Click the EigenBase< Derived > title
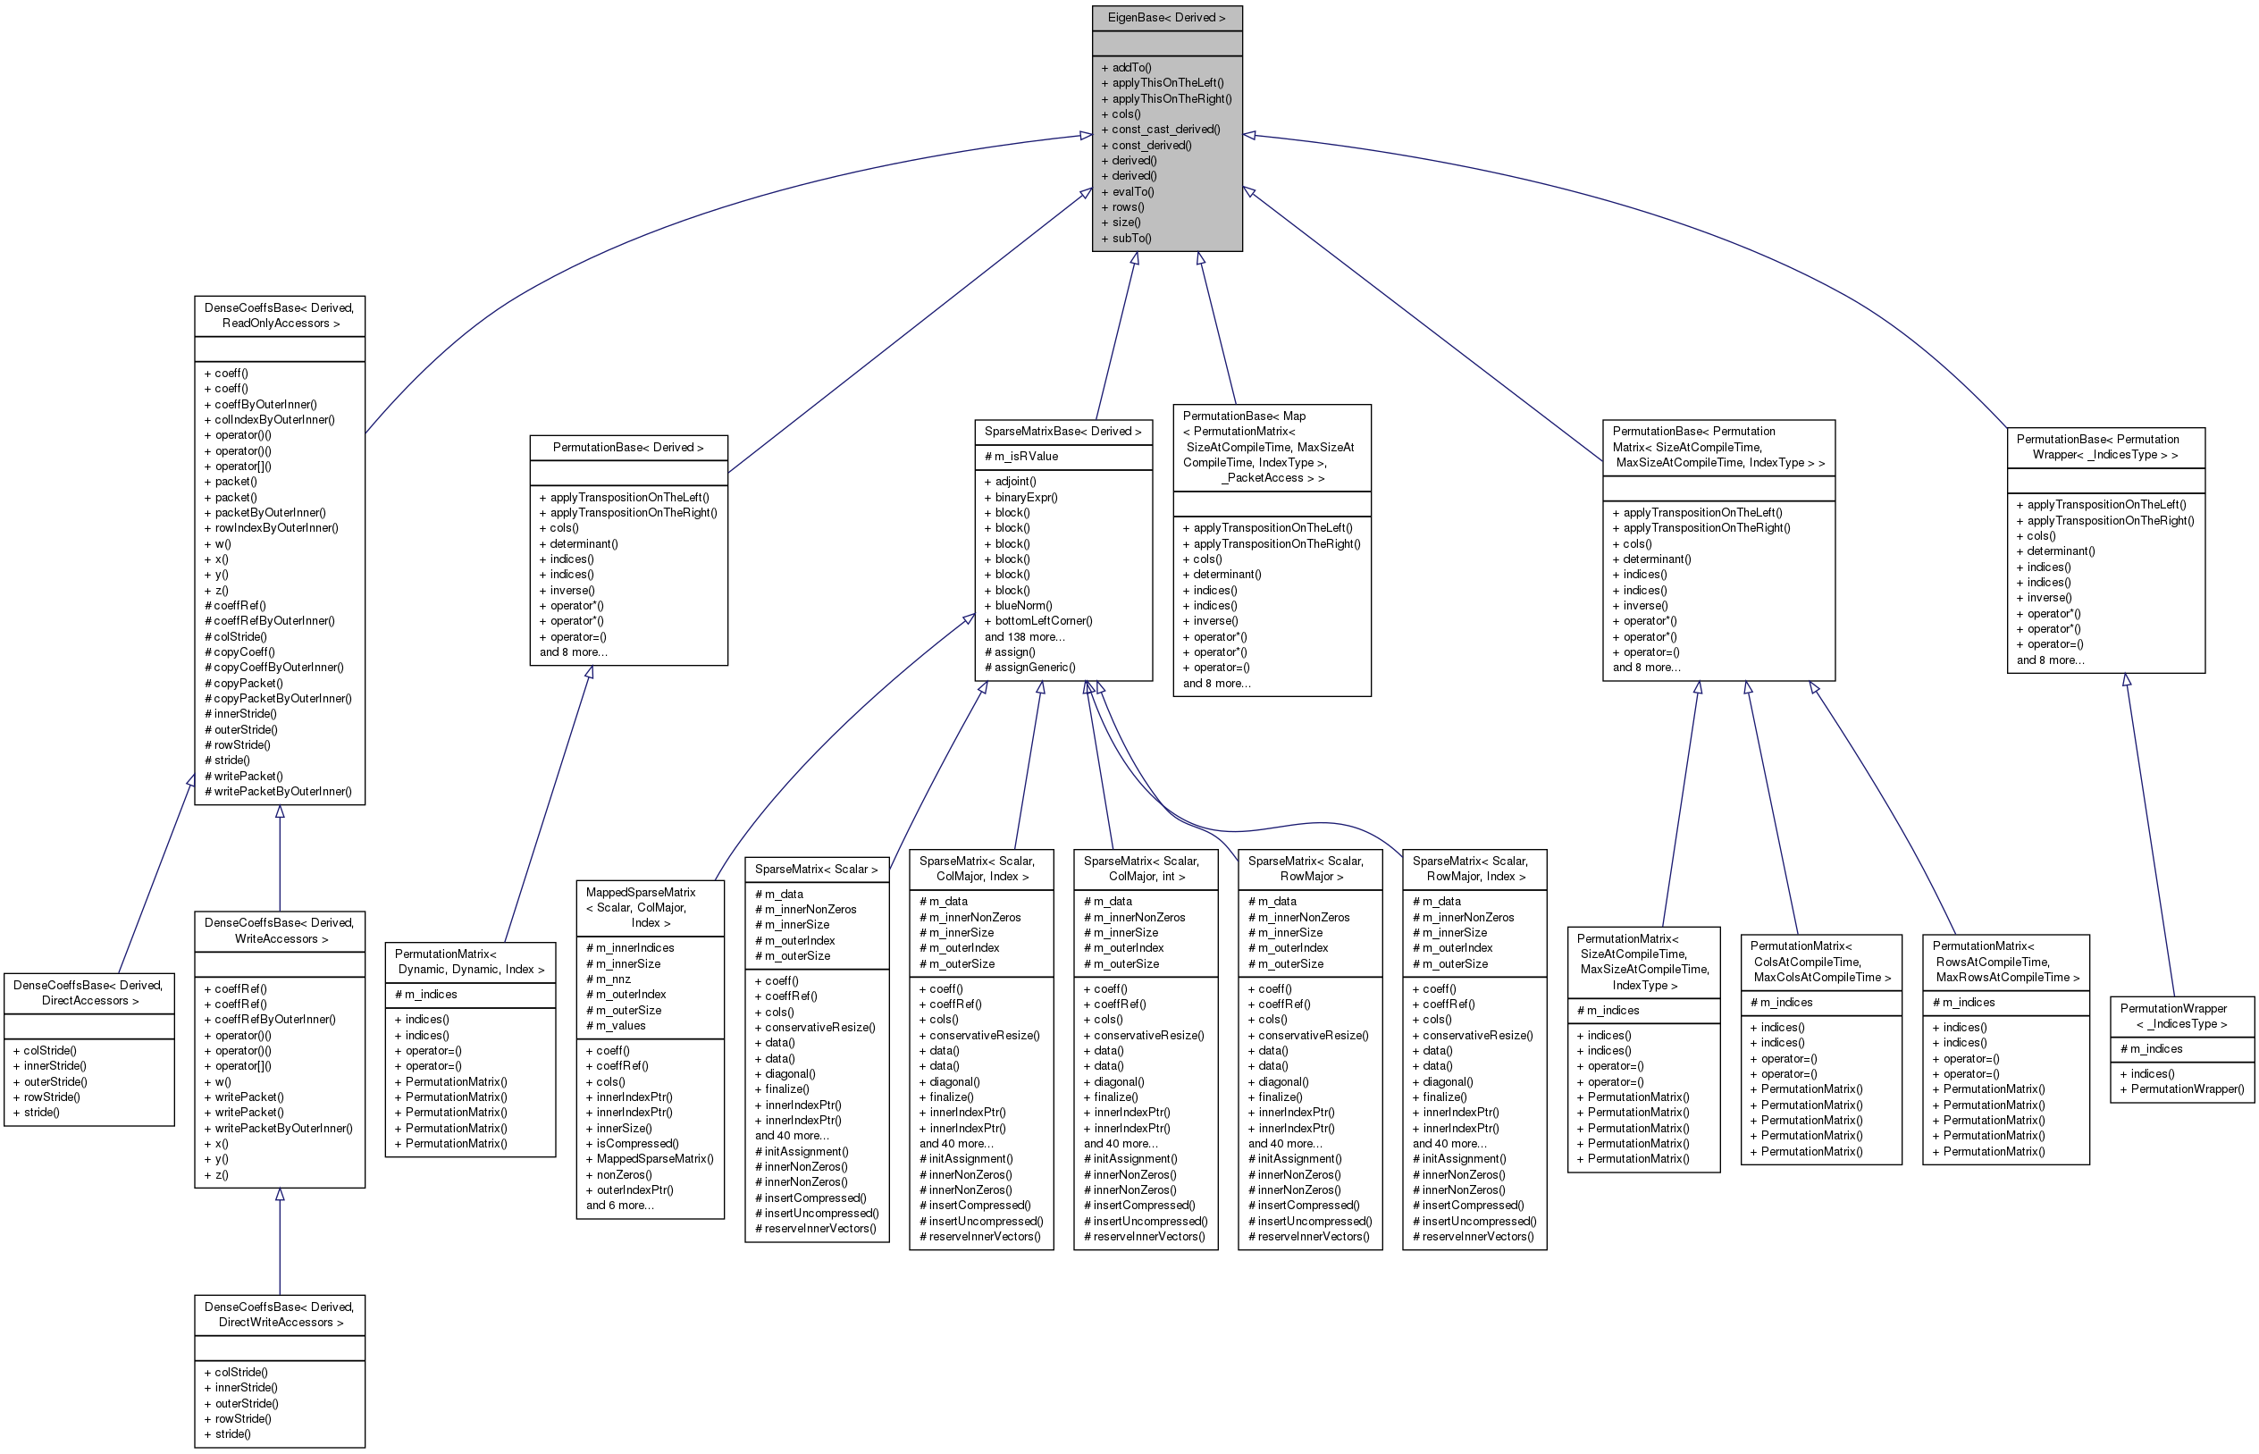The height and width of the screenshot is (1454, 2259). [1166, 18]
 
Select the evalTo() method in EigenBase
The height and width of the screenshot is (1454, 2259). [1132, 191]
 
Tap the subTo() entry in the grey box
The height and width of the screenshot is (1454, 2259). [1131, 238]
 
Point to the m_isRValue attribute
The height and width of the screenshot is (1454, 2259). [1026, 457]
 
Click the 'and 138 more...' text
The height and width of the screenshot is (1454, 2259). [1024, 636]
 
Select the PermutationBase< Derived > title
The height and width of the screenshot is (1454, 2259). [628, 448]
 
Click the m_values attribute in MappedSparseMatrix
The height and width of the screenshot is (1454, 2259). [620, 1025]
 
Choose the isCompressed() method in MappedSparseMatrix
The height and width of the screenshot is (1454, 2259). [636, 1143]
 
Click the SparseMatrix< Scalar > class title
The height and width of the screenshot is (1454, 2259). [816, 869]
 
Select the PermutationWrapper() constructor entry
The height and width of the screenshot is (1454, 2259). [2187, 1088]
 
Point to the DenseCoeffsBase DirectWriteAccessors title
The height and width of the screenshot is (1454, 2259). [280, 1315]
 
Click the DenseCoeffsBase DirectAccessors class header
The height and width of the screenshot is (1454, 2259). [88, 992]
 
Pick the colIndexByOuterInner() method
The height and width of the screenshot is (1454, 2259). [273, 419]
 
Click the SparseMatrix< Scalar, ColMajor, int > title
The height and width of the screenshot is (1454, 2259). [1145, 869]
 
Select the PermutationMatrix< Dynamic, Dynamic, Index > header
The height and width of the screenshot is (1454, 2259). [469, 962]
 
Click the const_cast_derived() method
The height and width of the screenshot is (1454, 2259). [1165, 130]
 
